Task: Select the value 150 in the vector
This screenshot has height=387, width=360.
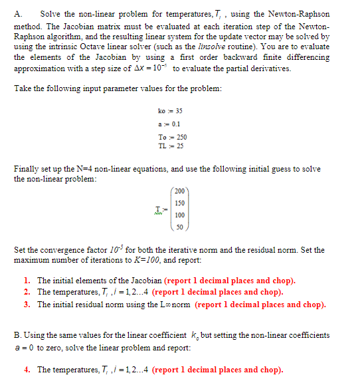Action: click(179, 202)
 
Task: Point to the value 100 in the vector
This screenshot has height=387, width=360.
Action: click(179, 215)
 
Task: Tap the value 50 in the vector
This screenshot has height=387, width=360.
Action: click(180, 227)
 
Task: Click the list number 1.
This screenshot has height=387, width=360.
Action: click(26, 281)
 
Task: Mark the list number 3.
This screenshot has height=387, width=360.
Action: click(26, 305)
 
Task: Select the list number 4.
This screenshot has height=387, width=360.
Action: click(26, 370)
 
